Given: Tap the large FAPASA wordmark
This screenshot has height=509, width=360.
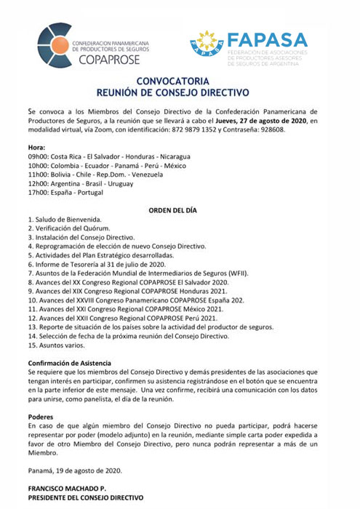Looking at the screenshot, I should (266, 41).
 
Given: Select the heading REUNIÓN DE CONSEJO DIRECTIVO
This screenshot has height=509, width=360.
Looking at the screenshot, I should (178, 94).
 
